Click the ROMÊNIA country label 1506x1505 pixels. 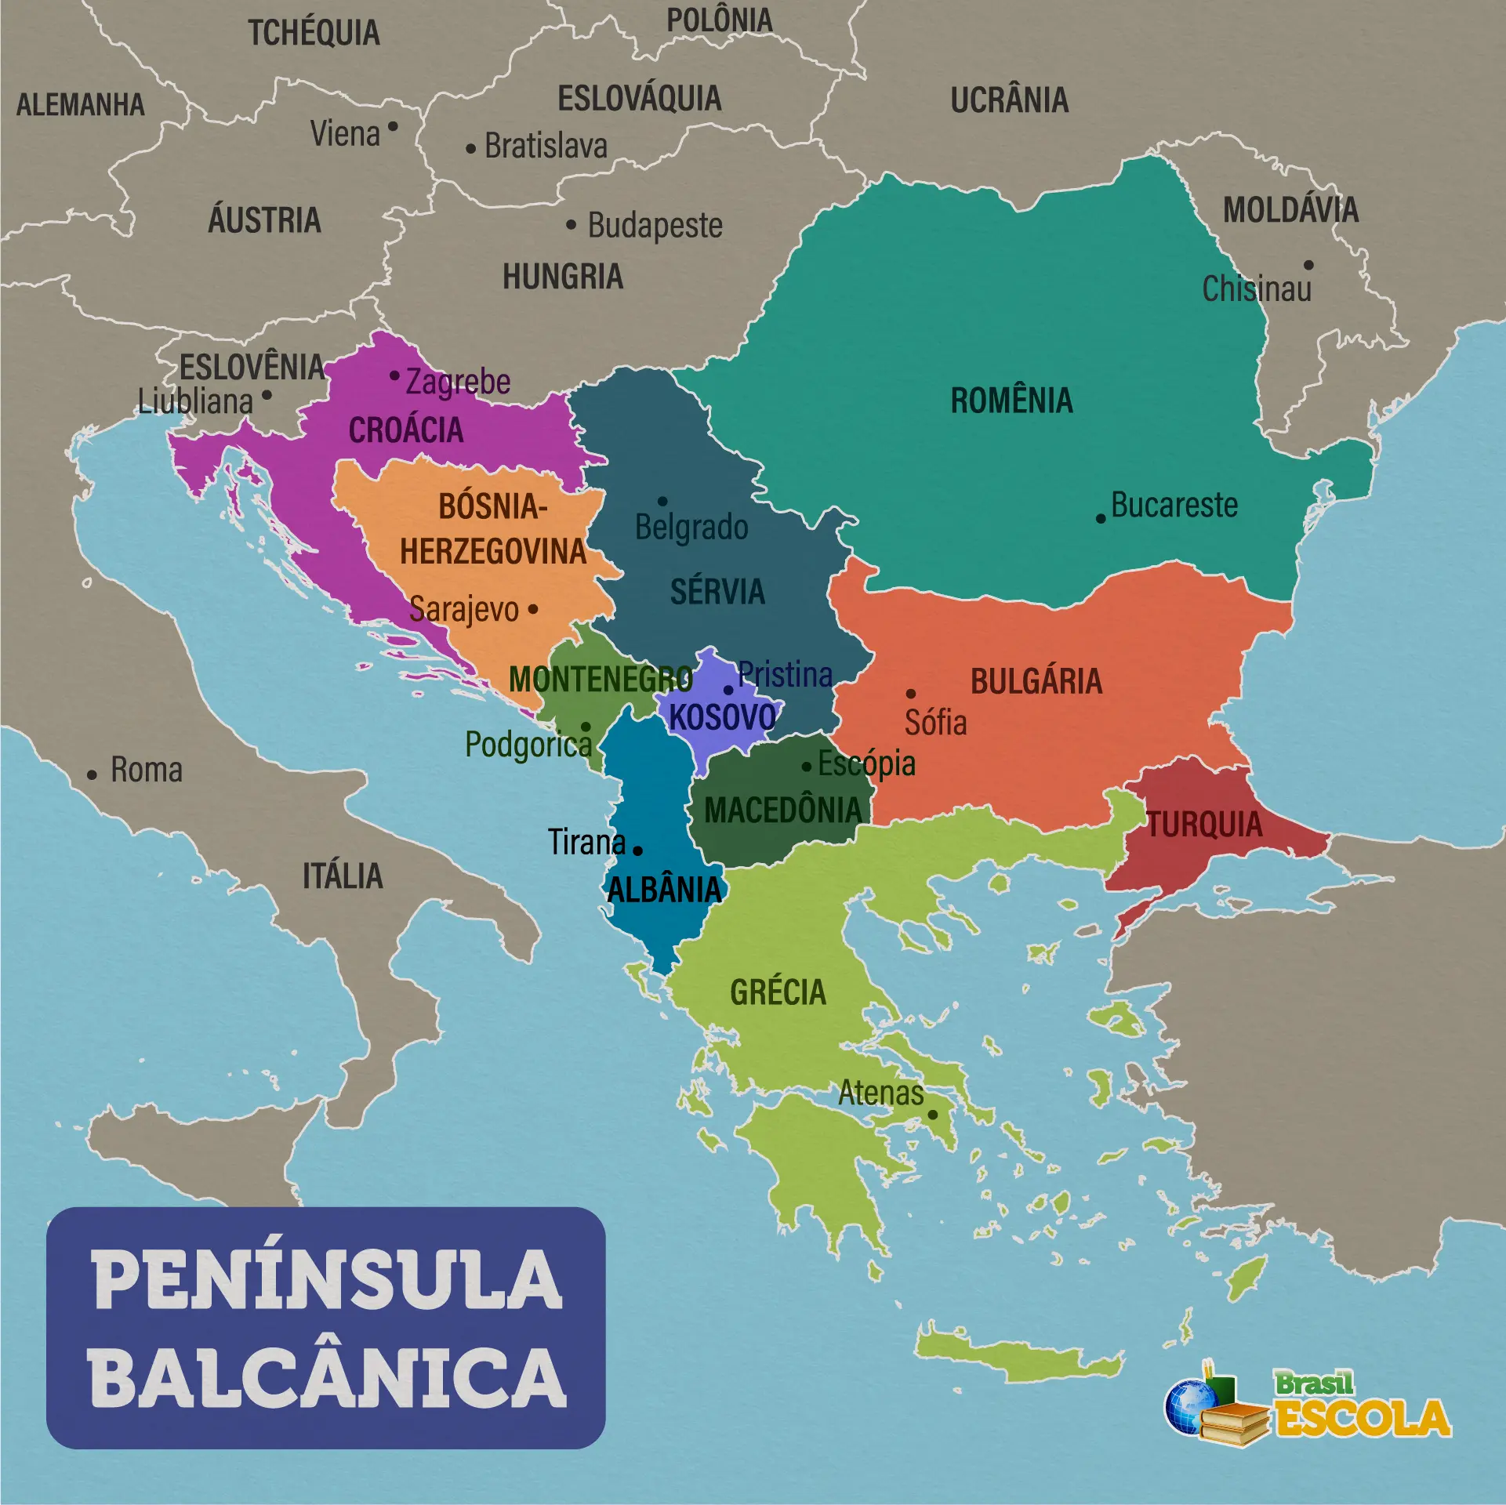pyautogui.click(x=1011, y=401)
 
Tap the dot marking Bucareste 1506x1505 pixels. pyautogui.click(x=1101, y=519)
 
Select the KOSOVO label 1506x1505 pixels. pyautogui.click(x=722, y=717)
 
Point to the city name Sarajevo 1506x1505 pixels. pyautogui.click(x=464, y=610)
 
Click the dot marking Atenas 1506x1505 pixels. pyautogui.click(x=933, y=1115)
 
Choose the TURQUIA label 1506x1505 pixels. pyautogui.click(x=1205, y=825)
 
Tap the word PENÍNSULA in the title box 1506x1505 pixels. pyautogui.click(x=327, y=1280)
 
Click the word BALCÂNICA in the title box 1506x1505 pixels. pyautogui.click(x=327, y=1378)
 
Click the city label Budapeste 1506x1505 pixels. pyautogui.click(x=655, y=226)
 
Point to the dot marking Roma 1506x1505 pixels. pyautogui.click(x=92, y=775)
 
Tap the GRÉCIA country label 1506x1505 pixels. pyautogui.click(x=778, y=992)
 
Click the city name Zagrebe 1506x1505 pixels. pyautogui.click(x=458, y=382)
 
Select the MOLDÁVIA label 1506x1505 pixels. pyautogui.click(x=1290, y=210)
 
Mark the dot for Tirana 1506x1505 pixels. pyautogui.click(x=637, y=850)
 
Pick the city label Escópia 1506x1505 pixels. pyautogui.click(x=866, y=763)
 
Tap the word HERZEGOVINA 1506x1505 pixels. pyautogui.click(x=493, y=552)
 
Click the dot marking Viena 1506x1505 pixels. pyautogui.click(x=393, y=126)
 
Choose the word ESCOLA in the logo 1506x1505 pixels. pyautogui.click(x=1363, y=1418)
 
